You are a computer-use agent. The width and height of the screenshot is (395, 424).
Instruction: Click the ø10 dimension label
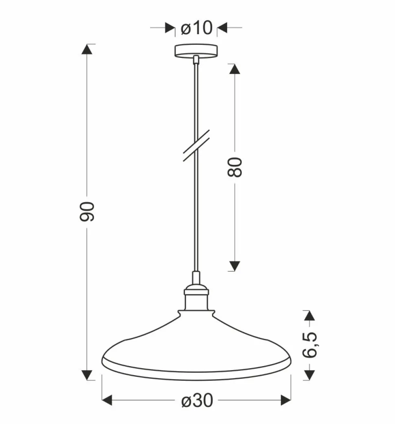click(x=196, y=28)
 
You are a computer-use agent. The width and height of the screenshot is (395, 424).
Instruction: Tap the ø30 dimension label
click(x=197, y=401)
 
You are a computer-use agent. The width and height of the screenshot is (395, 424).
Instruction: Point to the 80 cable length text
click(x=235, y=167)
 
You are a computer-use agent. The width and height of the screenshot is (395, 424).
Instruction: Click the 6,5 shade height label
click(x=309, y=345)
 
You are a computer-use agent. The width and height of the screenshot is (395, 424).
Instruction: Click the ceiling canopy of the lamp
click(x=196, y=51)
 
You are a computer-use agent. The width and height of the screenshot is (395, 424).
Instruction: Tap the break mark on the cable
click(x=196, y=145)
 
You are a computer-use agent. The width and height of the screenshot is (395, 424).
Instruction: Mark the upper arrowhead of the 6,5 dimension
click(x=309, y=315)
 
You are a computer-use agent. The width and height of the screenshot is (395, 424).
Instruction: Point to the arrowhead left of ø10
click(x=170, y=28)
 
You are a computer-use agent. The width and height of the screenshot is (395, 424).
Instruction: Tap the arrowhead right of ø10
click(x=222, y=28)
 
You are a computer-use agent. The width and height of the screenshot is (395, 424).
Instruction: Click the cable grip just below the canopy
click(x=196, y=60)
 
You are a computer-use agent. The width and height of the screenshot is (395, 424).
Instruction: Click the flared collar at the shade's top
click(x=196, y=314)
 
